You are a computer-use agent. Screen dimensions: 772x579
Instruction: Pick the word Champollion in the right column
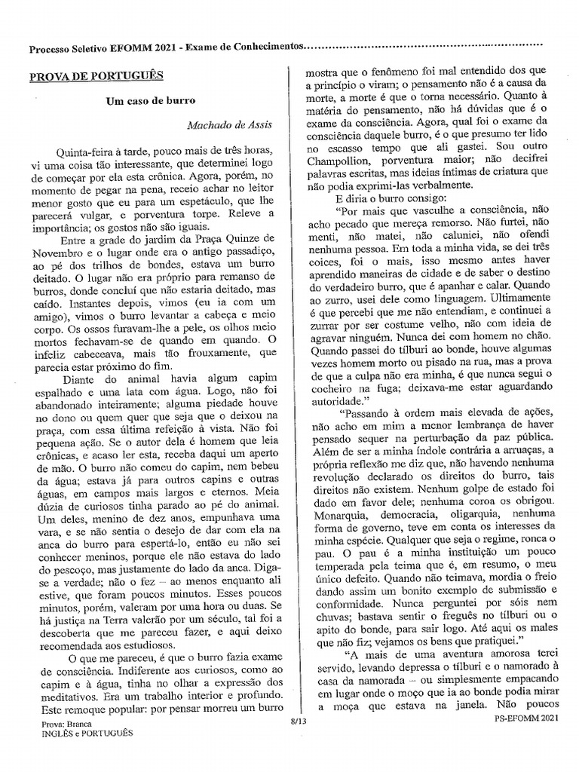point(335,179)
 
